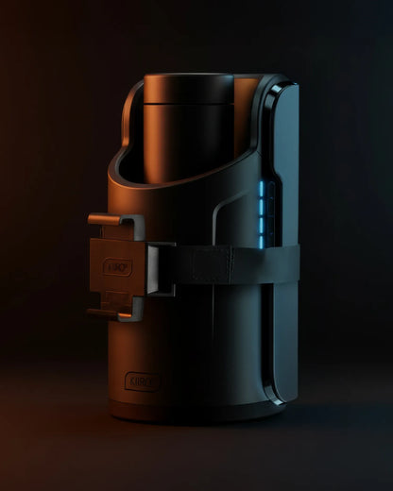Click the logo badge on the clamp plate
118,267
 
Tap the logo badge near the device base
143,381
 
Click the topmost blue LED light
263,187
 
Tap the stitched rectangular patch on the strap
212,264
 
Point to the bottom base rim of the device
189,414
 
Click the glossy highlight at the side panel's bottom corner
278,399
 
